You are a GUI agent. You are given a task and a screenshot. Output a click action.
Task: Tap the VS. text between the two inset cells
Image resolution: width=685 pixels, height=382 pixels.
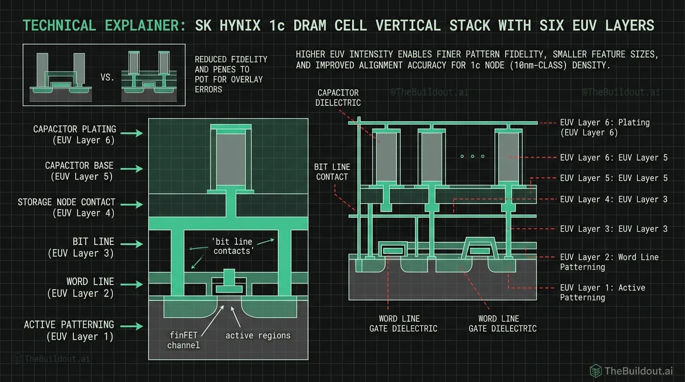click(107, 78)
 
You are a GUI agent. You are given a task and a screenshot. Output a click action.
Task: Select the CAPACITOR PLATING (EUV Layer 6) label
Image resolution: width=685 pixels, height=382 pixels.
click(74, 134)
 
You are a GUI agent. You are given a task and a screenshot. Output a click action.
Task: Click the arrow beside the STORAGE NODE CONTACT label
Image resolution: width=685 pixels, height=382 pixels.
click(131, 204)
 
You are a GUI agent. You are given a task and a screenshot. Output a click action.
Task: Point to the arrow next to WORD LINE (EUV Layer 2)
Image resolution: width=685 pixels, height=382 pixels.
click(131, 285)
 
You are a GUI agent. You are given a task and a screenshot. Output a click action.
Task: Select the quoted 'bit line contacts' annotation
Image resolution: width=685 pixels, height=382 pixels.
click(231, 246)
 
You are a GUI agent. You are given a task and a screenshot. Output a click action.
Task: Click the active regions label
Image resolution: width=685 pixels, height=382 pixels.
click(257, 335)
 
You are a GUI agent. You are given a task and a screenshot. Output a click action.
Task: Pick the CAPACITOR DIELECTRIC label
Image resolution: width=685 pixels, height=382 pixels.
click(338, 97)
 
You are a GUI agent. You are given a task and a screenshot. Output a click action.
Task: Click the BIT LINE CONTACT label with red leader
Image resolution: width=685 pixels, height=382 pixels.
click(332, 172)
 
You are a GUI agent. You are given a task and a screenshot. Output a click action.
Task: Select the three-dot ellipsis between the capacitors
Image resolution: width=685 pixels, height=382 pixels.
click(472, 157)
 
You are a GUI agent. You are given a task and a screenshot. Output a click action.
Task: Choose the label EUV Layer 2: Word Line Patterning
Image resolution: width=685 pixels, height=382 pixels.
click(609, 262)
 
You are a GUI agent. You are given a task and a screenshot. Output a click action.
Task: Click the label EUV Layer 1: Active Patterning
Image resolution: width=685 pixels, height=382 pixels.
click(602, 292)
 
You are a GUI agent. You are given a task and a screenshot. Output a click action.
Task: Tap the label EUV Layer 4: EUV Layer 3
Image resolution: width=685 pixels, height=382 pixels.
click(613, 199)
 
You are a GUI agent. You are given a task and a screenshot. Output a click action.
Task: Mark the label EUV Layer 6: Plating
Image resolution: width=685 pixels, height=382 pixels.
click(604, 127)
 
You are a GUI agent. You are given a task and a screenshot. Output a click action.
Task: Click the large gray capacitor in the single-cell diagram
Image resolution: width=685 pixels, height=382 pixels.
click(230, 159)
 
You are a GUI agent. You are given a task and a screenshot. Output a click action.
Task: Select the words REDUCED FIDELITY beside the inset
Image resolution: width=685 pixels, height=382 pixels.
click(231, 59)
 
